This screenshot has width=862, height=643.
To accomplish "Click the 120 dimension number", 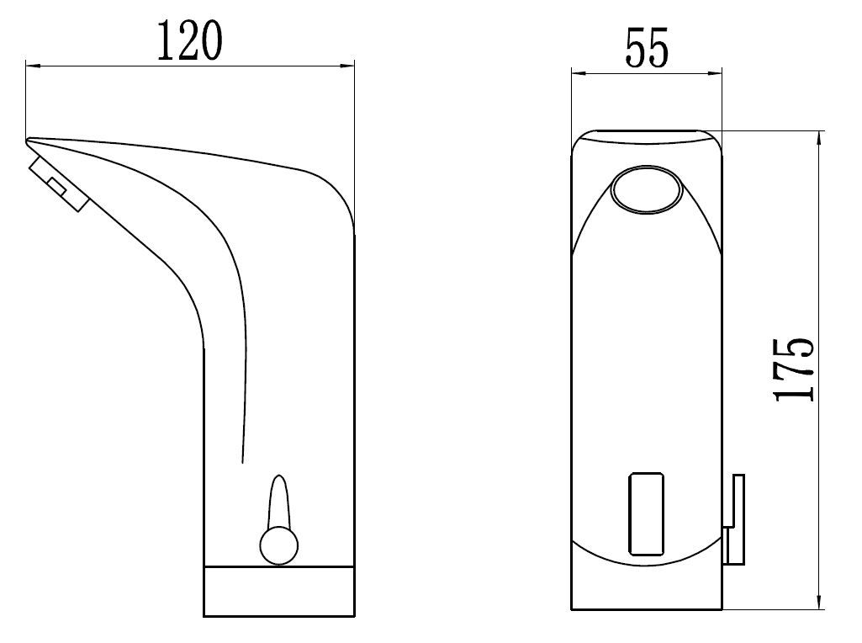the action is pos(190,40).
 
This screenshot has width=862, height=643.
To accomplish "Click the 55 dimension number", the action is pos(647,49).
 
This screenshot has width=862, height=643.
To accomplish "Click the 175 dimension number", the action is pos(794,369).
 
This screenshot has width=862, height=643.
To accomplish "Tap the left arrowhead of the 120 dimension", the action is pos(33,66).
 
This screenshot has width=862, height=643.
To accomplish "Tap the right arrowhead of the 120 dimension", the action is pos(347,66).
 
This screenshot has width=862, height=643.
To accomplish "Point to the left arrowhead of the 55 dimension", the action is pos(579,72).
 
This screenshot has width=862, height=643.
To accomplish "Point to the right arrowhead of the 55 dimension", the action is pos(715,72).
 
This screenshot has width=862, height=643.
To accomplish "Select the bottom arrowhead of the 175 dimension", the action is pos(819,602).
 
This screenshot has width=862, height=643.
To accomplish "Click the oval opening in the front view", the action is pos(647,189).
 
